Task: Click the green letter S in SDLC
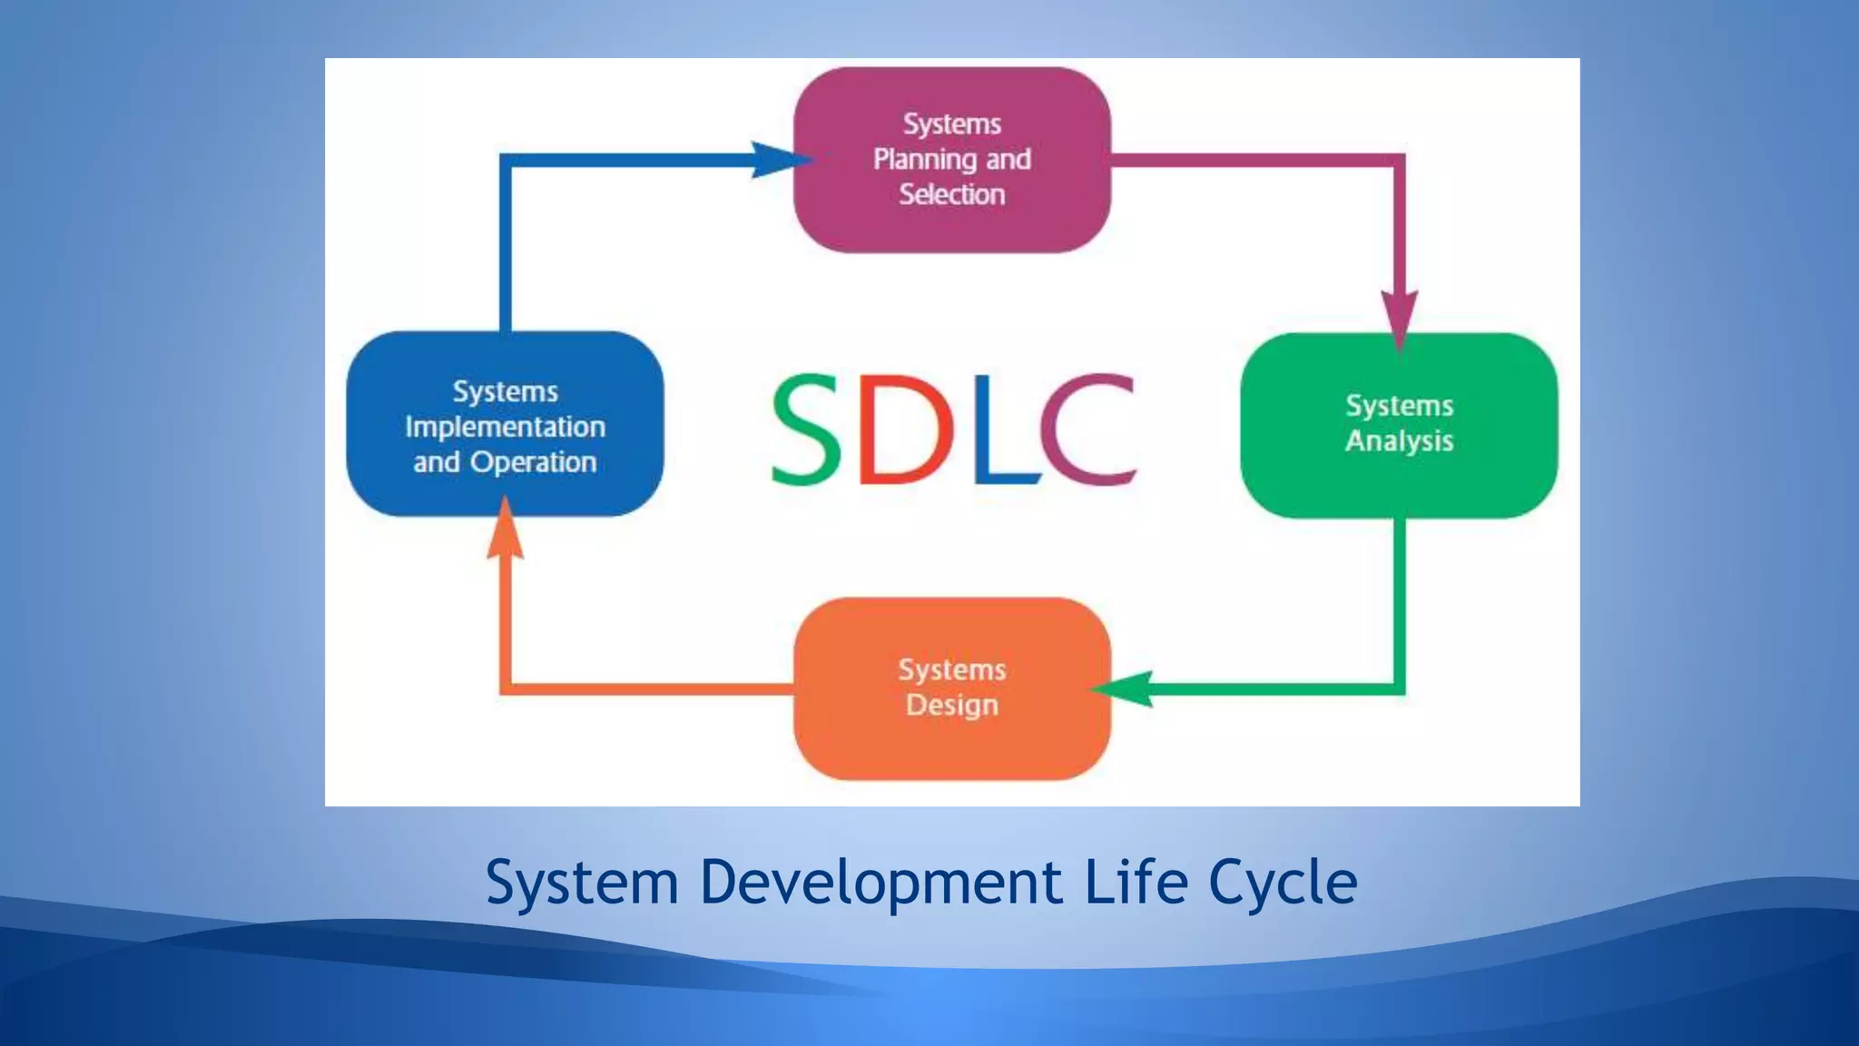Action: click(x=806, y=429)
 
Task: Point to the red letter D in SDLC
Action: click(x=903, y=429)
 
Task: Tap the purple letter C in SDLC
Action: click(x=1087, y=429)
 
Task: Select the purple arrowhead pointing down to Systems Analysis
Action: click(x=1400, y=318)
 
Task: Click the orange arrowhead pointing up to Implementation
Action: click(x=506, y=531)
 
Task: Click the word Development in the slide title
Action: click(x=880, y=883)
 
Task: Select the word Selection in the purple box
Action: click(x=952, y=194)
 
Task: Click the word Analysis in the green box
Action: click(x=1399, y=441)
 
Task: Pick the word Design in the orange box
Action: click(x=952, y=706)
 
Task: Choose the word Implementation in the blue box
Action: click(x=505, y=427)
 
